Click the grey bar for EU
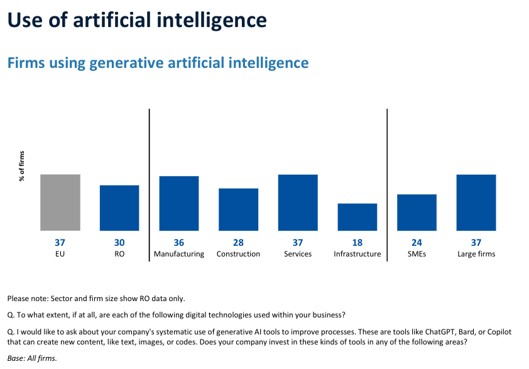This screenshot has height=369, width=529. coord(60,202)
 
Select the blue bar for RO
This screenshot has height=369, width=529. coord(119,207)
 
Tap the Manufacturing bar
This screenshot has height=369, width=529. coord(179,203)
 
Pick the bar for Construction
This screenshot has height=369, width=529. coord(238,209)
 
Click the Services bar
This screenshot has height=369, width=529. coord(298,202)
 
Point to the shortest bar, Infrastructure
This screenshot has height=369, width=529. coord(357,217)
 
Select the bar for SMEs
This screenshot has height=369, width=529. coord(417,212)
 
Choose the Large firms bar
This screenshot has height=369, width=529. coord(476,202)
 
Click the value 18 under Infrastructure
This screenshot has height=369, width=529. coord(357,243)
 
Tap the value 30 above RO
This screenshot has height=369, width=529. coord(119,243)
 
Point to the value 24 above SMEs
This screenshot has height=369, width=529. coord(417,243)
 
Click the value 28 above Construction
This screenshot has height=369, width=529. coord(238,243)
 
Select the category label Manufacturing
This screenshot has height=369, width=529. coord(179,254)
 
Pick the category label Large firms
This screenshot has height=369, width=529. coord(476,254)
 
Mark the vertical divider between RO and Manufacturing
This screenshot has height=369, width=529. coord(150,182)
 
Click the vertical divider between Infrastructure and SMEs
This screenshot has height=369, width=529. coord(387,182)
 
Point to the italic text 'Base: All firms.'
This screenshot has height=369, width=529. coord(32,358)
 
